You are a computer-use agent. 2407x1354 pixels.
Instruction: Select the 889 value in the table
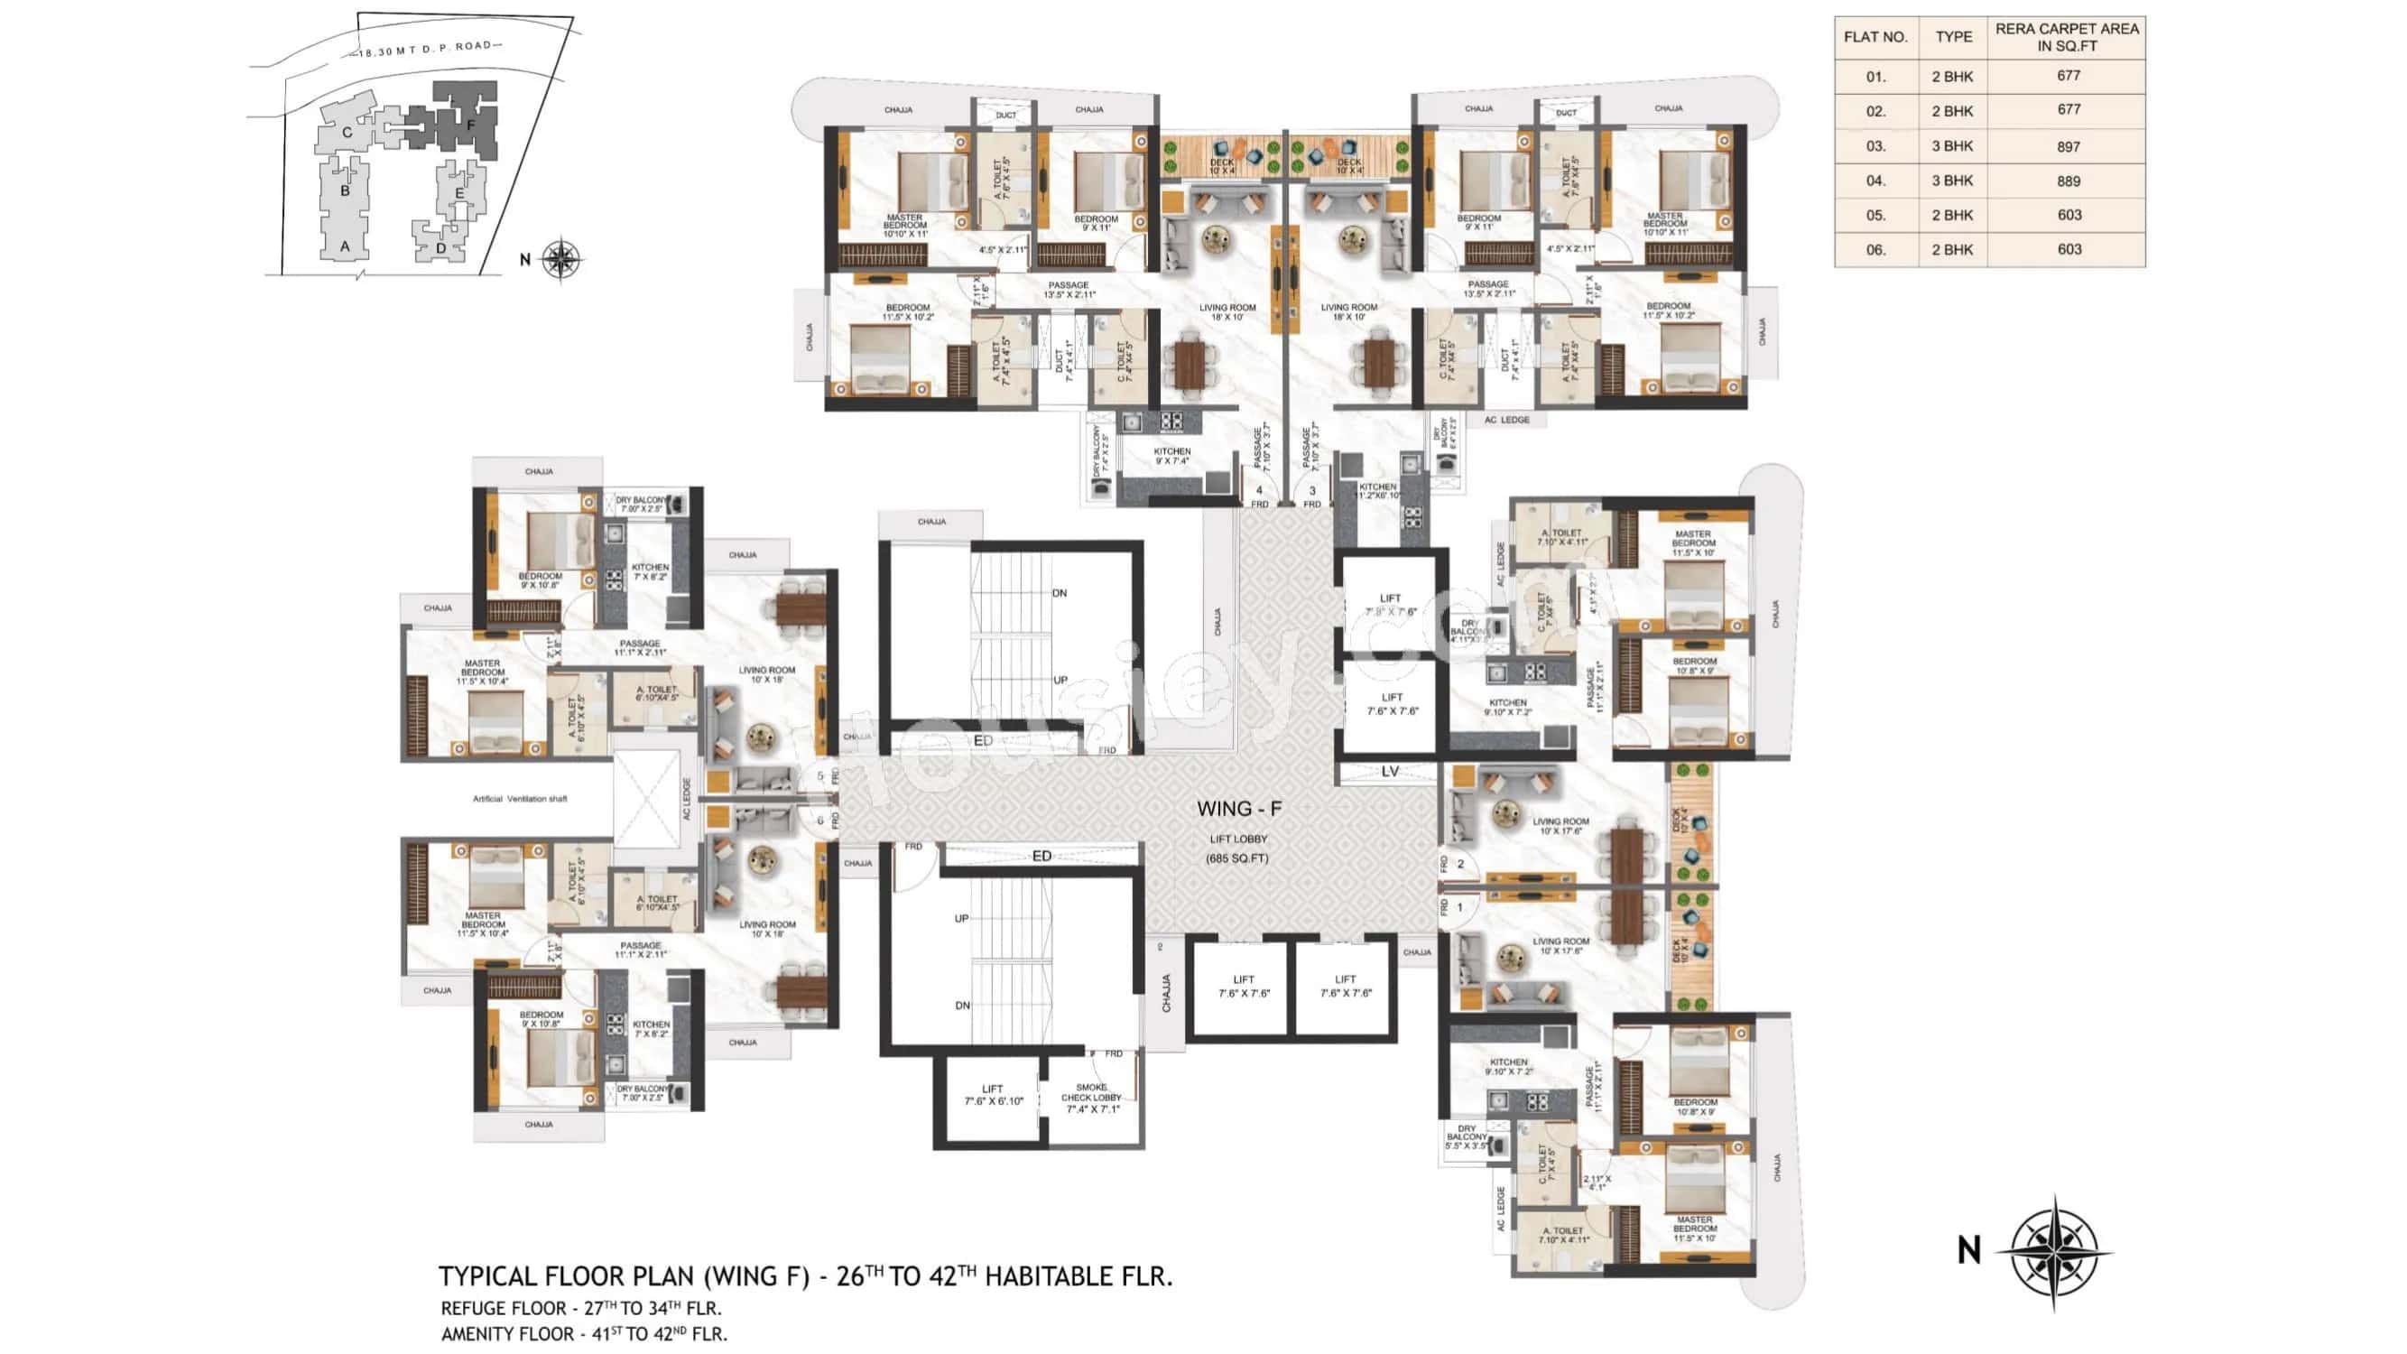point(2068,181)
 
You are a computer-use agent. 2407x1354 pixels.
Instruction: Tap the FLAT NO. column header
point(1875,37)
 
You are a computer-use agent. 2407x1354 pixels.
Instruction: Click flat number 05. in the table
point(1875,216)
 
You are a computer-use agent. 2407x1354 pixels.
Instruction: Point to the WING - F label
point(1239,809)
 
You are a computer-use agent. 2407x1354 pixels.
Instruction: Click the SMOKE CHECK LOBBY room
point(1091,1098)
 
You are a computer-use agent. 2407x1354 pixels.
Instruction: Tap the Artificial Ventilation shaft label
point(520,799)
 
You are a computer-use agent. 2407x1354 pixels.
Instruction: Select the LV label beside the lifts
point(1390,772)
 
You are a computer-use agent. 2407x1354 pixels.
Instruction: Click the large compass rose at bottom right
point(2053,1250)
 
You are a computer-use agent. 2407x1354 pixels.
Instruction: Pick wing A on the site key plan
point(345,246)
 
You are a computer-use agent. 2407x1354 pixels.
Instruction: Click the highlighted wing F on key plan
point(471,124)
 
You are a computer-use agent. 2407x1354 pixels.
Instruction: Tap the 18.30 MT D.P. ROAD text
point(425,49)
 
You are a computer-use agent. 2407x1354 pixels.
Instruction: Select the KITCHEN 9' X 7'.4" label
point(1171,456)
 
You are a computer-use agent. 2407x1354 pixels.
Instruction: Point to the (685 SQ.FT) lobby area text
point(1236,858)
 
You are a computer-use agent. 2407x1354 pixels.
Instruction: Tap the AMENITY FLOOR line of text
point(584,1334)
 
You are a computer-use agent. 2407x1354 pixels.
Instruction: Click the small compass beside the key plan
point(560,259)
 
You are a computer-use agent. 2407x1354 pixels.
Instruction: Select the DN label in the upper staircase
point(1059,593)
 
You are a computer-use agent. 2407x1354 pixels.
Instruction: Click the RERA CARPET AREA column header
point(2066,37)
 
